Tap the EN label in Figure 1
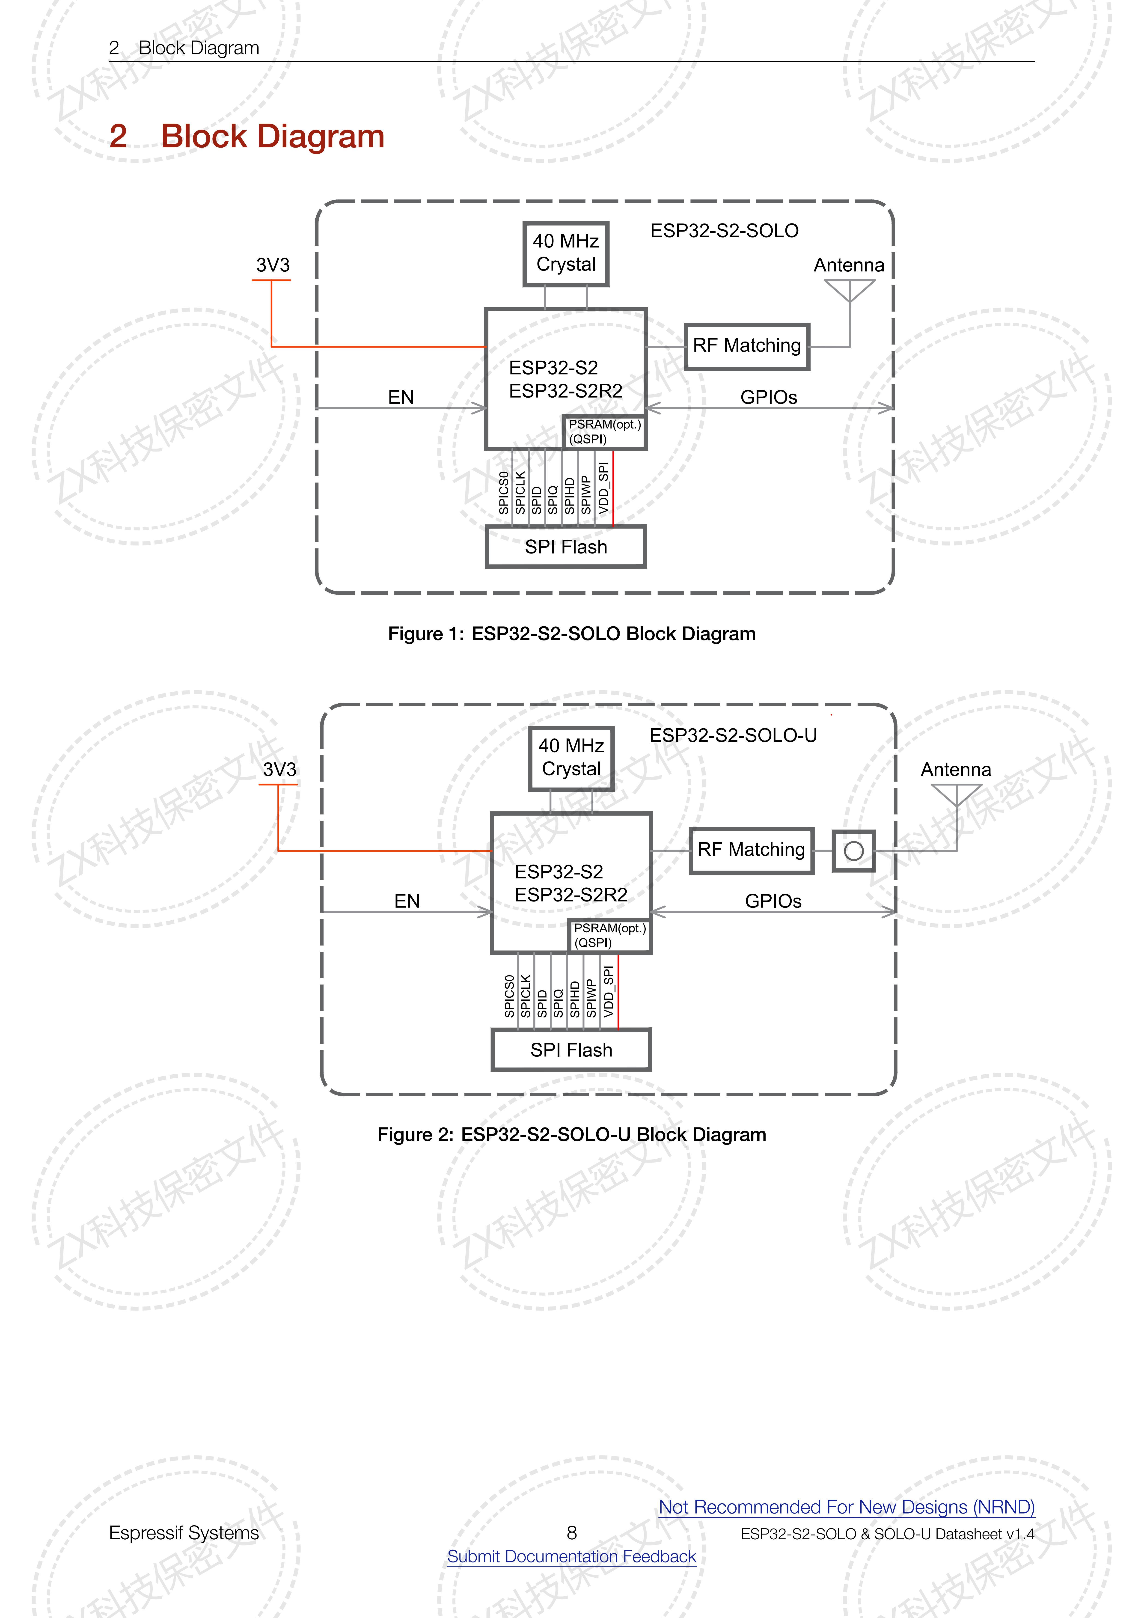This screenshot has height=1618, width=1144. [x=400, y=397]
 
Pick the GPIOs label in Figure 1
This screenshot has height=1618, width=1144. [x=768, y=397]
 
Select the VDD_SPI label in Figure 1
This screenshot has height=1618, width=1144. [x=603, y=488]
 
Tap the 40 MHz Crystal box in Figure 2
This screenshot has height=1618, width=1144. [x=571, y=758]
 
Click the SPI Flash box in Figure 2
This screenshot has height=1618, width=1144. [x=571, y=1050]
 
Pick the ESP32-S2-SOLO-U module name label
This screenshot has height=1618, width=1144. [x=733, y=736]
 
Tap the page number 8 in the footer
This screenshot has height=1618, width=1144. [x=572, y=1533]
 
